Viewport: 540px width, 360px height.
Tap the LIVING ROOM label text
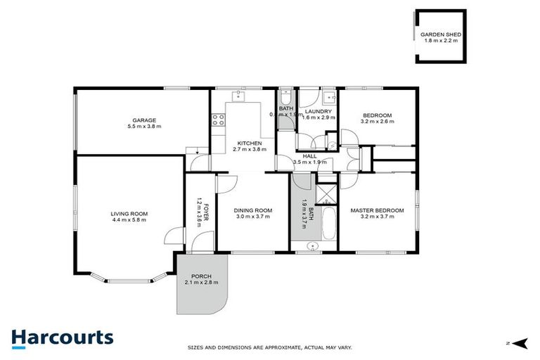(129, 213)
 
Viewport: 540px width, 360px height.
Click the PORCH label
(201, 276)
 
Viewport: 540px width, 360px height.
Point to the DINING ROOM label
(253, 210)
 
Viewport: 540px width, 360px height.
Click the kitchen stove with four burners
(218, 120)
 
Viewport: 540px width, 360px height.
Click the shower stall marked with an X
(326, 193)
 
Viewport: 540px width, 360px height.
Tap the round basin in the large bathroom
(314, 245)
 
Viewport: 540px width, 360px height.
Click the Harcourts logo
(62, 337)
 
